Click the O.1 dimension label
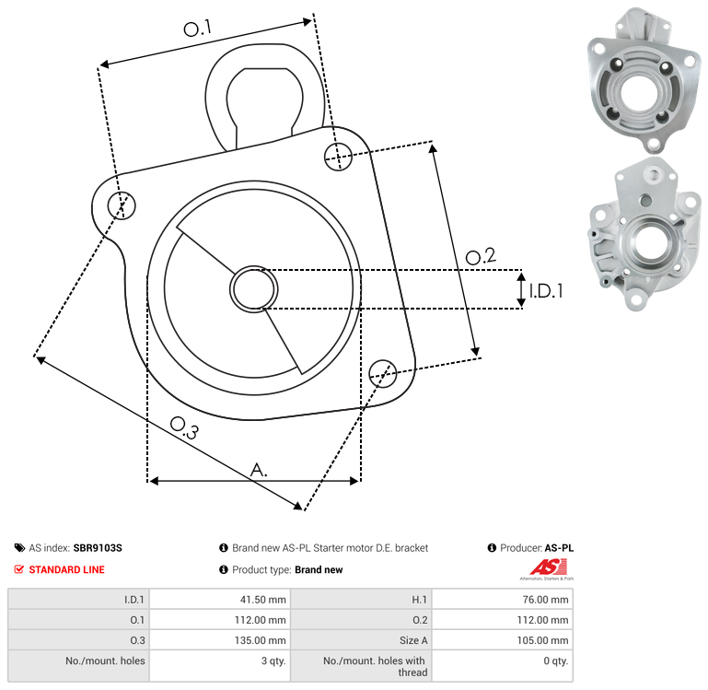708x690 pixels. (198, 29)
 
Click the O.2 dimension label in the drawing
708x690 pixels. (481, 256)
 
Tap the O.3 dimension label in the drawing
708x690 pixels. (184, 427)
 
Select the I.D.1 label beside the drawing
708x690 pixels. (546, 291)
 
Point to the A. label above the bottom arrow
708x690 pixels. (259, 470)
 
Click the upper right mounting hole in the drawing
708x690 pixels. (338, 157)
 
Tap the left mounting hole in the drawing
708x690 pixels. (122, 205)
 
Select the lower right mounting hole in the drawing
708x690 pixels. (383, 374)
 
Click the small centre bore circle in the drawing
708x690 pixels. (254, 289)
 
